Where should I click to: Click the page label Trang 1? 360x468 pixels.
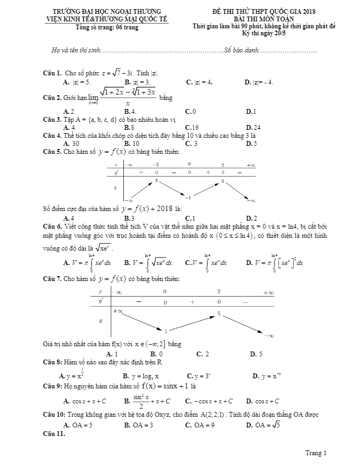(316, 453)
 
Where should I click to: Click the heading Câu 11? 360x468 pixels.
(54, 433)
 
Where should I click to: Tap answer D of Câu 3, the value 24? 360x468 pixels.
(253, 128)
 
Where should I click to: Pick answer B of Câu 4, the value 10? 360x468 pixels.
(132, 144)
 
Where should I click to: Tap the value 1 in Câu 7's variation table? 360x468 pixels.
(165, 331)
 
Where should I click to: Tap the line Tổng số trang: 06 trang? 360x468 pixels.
(106, 27)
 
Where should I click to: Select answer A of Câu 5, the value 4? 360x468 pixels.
(68, 218)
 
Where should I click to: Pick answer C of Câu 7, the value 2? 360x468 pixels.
(202, 354)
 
